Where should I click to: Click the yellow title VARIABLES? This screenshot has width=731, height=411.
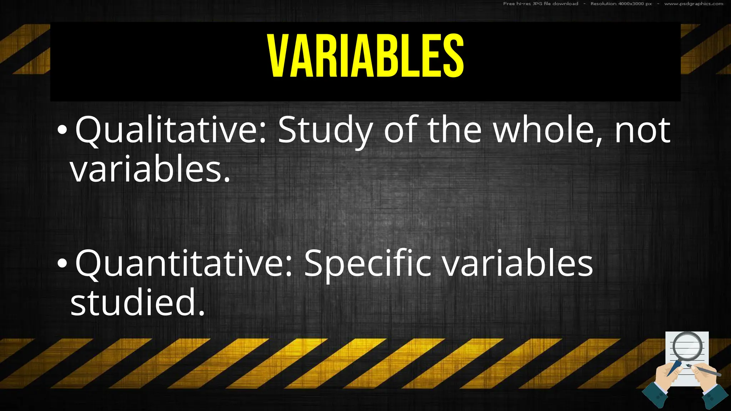coord(366,56)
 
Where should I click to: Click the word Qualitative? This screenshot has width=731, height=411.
coord(171,131)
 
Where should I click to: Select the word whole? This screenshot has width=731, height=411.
coord(546,131)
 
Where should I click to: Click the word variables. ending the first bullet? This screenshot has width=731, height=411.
coord(150,169)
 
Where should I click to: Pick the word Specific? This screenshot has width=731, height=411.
coord(367,264)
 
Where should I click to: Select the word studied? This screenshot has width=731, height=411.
coord(138,303)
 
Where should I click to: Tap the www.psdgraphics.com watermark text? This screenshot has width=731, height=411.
coord(694,4)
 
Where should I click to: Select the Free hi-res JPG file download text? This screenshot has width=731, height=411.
coord(540,4)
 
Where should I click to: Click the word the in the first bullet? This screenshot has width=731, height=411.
coord(454,131)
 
